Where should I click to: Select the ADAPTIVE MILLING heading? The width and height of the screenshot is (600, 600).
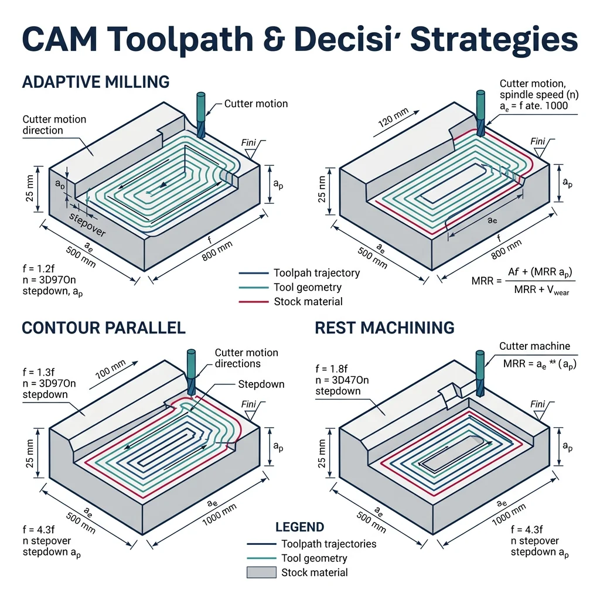96,81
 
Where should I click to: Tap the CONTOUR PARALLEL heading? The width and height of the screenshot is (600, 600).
103,328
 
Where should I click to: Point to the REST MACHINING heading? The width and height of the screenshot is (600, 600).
384,328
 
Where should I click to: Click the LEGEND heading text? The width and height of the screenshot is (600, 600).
299,527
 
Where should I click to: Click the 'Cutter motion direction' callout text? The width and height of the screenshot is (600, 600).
54,125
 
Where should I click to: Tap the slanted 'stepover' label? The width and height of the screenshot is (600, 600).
88,225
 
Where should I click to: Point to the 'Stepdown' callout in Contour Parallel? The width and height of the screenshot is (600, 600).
261,384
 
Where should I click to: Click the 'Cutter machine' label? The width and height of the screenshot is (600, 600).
534,346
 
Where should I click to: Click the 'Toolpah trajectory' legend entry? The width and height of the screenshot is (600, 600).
316,273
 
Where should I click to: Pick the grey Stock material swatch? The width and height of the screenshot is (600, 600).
261,572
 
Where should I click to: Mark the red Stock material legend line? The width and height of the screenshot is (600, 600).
254,302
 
